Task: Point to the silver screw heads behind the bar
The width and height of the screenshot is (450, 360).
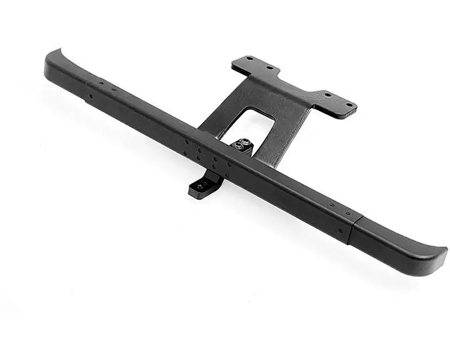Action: point(242,146)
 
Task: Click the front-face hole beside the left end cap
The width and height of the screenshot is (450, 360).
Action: point(91,97)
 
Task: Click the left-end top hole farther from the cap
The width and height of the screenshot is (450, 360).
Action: point(114,89)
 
